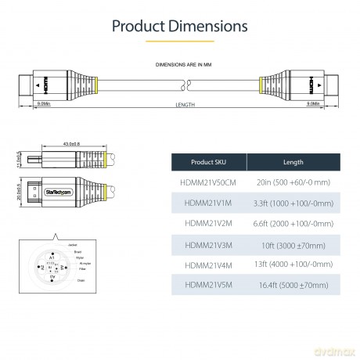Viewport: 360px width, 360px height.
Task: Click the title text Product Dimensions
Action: click(x=179, y=25)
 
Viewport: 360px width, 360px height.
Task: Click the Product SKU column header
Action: click(x=208, y=162)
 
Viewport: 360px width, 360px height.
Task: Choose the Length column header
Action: click(x=293, y=162)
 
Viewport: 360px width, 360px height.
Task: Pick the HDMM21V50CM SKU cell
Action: click(x=208, y=182)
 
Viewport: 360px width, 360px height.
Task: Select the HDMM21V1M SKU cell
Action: click(x=208, y=202)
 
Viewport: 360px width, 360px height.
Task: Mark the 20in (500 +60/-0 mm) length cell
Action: click(x=293, y=182)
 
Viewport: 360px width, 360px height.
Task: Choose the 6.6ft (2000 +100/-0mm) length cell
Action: click(x=293, y=222)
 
